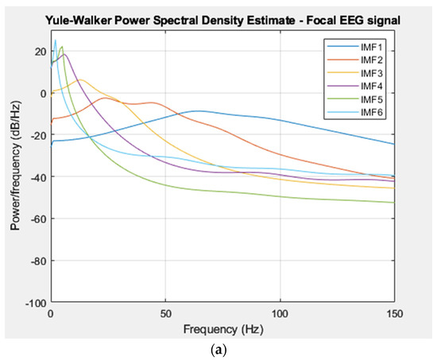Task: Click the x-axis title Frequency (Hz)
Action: coord(222,327)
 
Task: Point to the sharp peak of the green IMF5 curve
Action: coord(61,47)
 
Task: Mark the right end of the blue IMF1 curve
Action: coord(394,144)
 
